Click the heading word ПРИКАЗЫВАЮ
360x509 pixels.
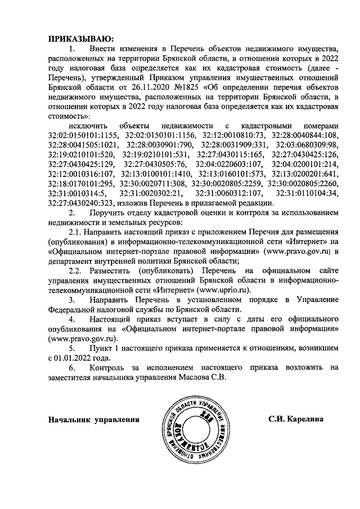click(x=81, y=39)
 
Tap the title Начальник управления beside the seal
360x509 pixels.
click(x=93, y=420)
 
